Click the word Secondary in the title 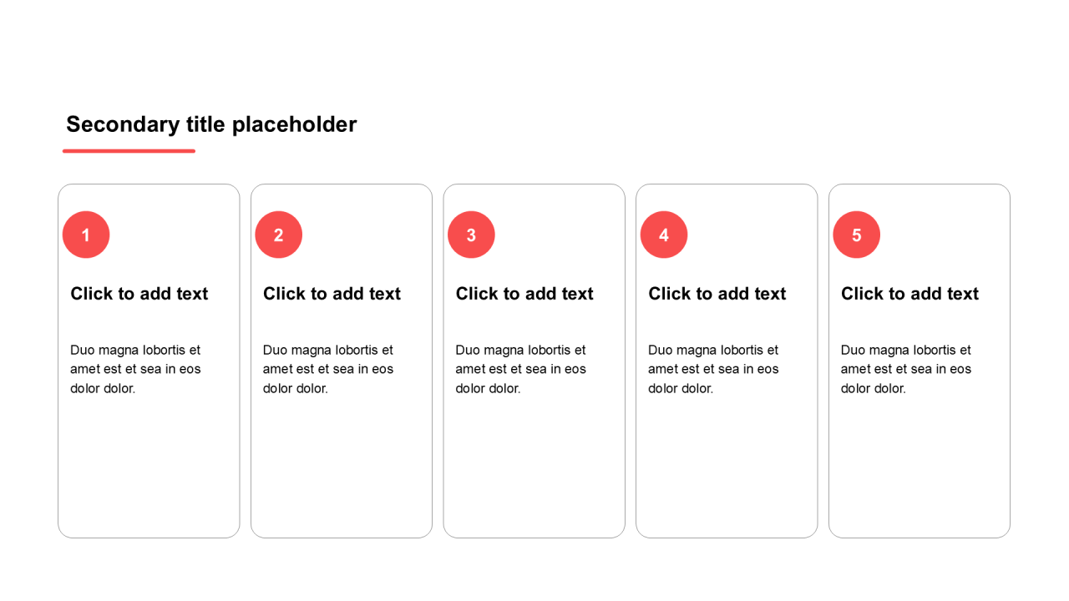pyautogui.click(x=123, y=125)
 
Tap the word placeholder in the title pyautogui.click(x=295, y=125)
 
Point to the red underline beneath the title pyautogui.click(x=129, y=151)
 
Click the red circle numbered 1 pyautogui.click(x=86, y=235)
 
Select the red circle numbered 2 pyautogui.click(x=279, y=235)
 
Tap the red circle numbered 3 pyautogui.click(x=471, y=235)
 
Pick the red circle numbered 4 pyautogui.click(x=664, y=235)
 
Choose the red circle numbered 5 pyautogui.click(x=857, y=235)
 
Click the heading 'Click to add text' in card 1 pyautogui.click(x=139, y=294)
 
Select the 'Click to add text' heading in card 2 pyautogui.click(x=332, y=294)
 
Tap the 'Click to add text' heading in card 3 pyautogui.click(x=524, y=294)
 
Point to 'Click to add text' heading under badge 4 pyautogui.click(x=717, y=294)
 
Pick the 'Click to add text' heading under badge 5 pyautogui.click(x=910, y=294)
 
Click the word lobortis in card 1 pyautogui.click(x=164, y=350)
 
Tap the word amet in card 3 pyautogui.click(x=469, y=370)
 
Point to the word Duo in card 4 pyautogui.click(x=659, y=350)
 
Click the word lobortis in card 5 pyautogui.click(x=935, y=350)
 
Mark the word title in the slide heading pyautogui.click(x=205, y=125)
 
